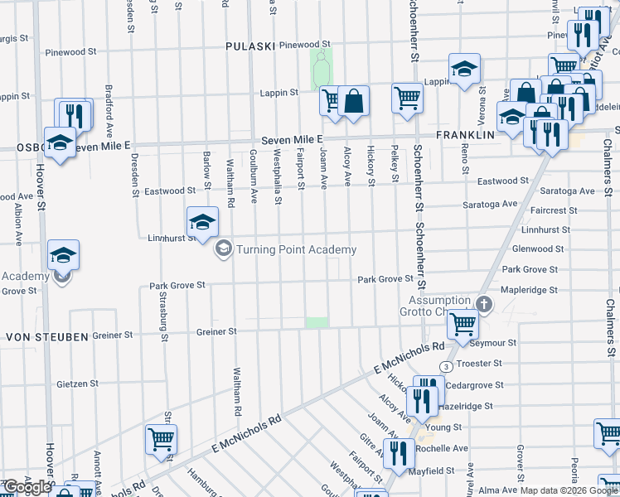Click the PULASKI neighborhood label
click(x=249, y=46)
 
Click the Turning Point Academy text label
click(x=296, y=249)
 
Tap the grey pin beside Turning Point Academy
click(x=223, y=248)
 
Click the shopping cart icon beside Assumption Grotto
click(x=463, y=324)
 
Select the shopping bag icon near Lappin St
click(x=354, y=101)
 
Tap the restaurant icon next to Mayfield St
click(x=400, y=453)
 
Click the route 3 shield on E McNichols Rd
click(x=446, y=366)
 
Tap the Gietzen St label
click(x=77, y=384)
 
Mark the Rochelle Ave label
click(x=444, y=448)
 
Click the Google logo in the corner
click(x=27, y=487)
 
